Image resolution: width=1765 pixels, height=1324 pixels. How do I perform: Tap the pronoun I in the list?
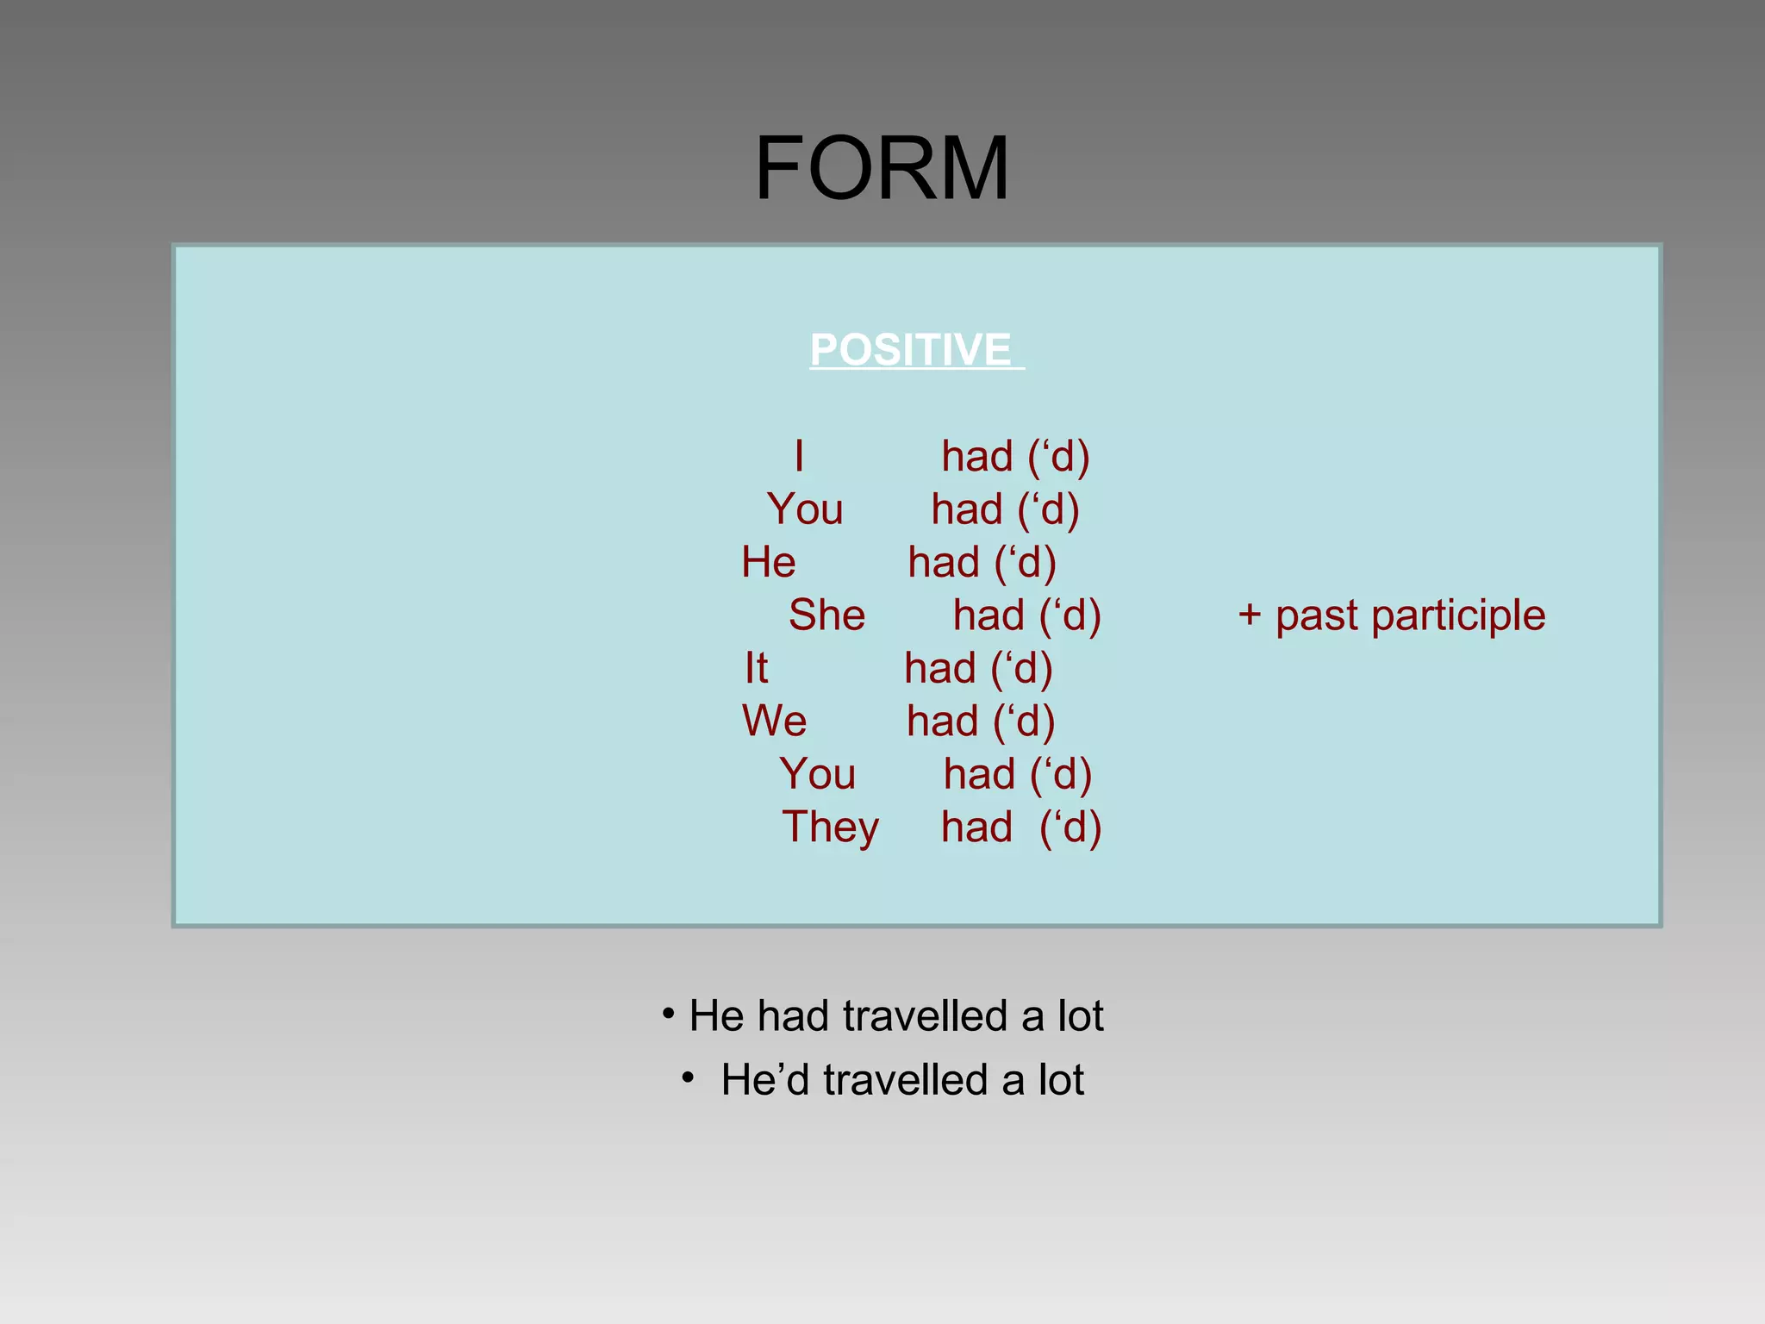[799, 456]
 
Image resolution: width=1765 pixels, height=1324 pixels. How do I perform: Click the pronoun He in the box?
[769, 562]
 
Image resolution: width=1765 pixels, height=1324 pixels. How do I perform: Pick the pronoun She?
[826, 615]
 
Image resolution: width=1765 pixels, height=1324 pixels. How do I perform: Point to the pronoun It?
[756, 668]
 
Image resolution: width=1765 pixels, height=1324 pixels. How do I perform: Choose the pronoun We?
[774, 721]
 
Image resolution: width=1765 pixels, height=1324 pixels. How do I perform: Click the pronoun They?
[830, 827]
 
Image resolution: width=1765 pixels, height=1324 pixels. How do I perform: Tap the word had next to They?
[976, 827]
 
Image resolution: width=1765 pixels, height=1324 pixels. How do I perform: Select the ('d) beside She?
[1070, 615]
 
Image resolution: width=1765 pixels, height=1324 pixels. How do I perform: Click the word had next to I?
[976, 456]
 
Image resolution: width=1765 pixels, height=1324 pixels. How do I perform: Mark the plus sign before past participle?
[1249, 616]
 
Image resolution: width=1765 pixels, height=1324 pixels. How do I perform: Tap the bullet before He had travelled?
[668, 1015]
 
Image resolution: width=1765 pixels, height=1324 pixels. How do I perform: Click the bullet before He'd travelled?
[687, 1078]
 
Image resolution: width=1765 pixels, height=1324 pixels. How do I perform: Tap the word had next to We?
[942, 721]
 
